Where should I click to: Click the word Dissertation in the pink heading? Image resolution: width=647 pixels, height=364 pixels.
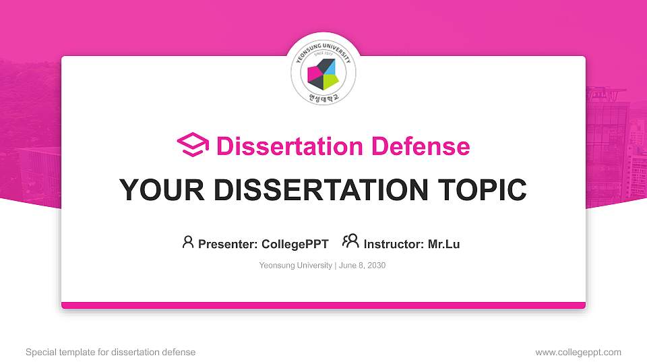click(282, 146)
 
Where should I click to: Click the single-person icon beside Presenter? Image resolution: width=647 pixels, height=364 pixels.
click(188, 242)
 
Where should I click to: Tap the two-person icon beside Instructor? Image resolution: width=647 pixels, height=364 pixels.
click(350, 242)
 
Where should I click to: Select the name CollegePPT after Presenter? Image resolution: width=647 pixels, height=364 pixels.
click(295, 244)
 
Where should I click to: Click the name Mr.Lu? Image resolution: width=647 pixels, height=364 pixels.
click(443, 244)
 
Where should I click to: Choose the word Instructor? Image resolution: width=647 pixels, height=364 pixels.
click(394, 244)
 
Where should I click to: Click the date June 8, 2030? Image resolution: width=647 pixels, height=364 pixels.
click(363, 266)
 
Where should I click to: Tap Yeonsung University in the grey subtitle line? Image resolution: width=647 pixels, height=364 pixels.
click(295, 266)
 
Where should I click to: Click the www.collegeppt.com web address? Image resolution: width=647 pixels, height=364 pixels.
click(578, 352)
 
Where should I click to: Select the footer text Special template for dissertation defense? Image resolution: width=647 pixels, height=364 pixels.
click(111, 352)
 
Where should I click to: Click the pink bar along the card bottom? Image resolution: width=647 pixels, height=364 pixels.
click(323, 305)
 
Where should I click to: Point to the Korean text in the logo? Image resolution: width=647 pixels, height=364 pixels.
click(323, 97)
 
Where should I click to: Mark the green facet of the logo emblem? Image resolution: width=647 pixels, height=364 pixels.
click(329, 82)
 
